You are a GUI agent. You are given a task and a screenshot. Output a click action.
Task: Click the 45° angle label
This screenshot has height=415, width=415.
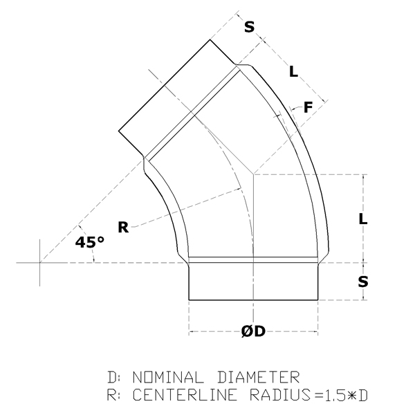tap(90, 242)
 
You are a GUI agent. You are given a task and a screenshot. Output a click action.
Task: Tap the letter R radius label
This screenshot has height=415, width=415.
tap(123, 228)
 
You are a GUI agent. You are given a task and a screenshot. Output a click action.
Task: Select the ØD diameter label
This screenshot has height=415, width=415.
tap(253, 331)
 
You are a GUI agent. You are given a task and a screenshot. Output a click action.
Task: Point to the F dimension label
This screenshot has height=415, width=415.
tap(308, 107)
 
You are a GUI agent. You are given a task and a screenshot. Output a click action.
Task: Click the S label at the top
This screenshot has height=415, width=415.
tap(249, 27)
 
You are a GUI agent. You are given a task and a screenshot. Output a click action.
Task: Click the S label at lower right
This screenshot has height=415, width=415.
tap(363, 282)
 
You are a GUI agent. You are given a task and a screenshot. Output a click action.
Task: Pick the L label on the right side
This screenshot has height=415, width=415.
tap(363, 219)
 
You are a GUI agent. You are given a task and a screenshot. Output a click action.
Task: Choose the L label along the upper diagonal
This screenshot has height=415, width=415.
tap(294, 71)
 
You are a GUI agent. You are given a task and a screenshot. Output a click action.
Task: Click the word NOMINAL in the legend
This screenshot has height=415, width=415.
tap(168, 377)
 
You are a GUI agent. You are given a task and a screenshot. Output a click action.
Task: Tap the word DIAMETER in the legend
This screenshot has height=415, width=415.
tap(258, 377)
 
